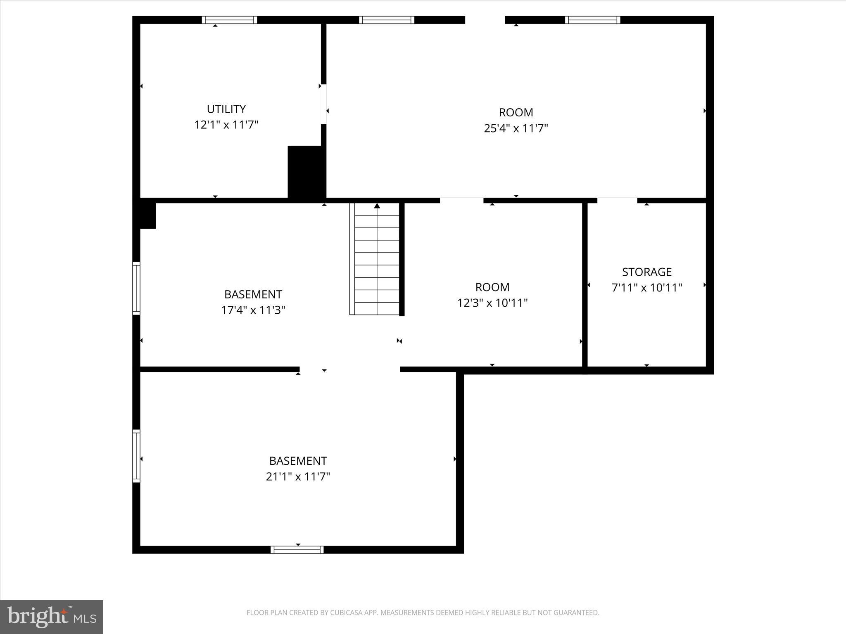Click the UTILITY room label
[226, 109]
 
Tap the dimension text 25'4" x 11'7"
[516, 128]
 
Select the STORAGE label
[646, 272]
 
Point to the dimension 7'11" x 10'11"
[646, 288]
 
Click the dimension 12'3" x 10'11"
[492, 303]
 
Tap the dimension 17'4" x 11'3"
[253, 310]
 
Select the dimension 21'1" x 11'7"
[298, 477]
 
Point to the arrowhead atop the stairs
[377, 206]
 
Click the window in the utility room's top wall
[229, 20]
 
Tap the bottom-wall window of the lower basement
[297, 549]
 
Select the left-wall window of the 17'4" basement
[136, 288]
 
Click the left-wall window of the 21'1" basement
[136, 456]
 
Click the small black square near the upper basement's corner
[147, 215]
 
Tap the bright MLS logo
[52, 617]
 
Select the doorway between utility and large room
[323, 104]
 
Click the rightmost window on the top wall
[592, 20]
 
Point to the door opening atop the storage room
[617, 200]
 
